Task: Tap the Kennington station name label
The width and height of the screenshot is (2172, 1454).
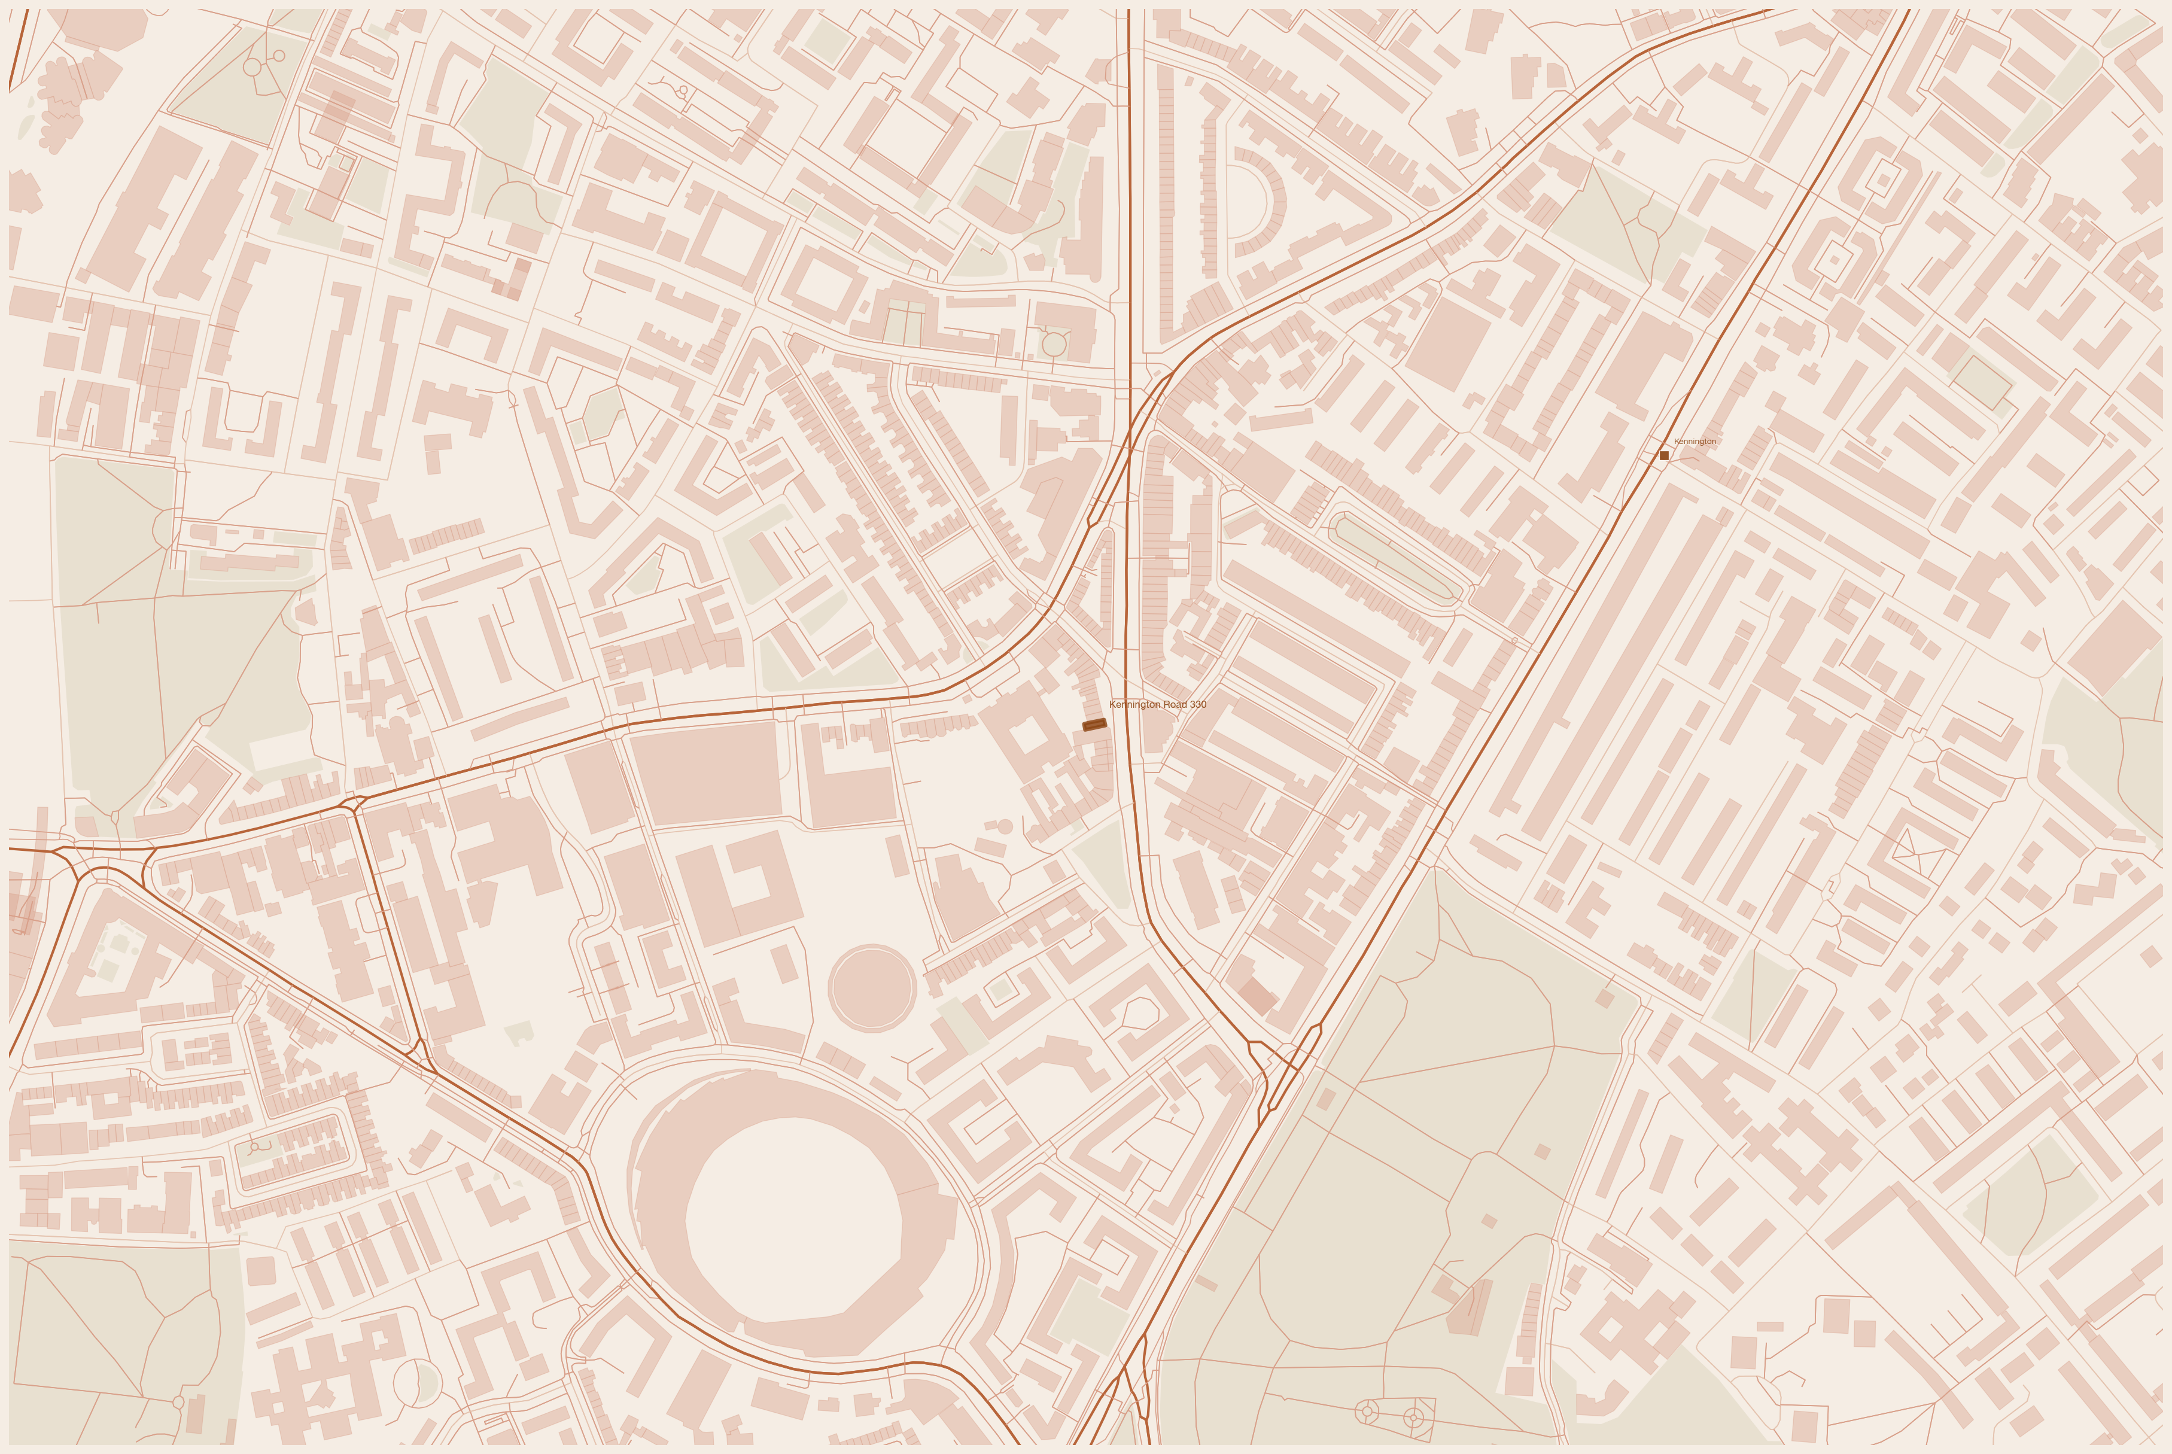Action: click(x=1695, y=442)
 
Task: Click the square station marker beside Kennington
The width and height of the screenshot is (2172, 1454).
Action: click(x=1664, y=455)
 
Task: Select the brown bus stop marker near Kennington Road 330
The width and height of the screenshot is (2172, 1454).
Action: click(x=1095, y=724)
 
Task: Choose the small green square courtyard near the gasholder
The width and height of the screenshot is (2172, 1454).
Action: click(x=999, y=990)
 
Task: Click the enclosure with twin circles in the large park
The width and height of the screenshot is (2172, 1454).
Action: click(x=1391, y=1415)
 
